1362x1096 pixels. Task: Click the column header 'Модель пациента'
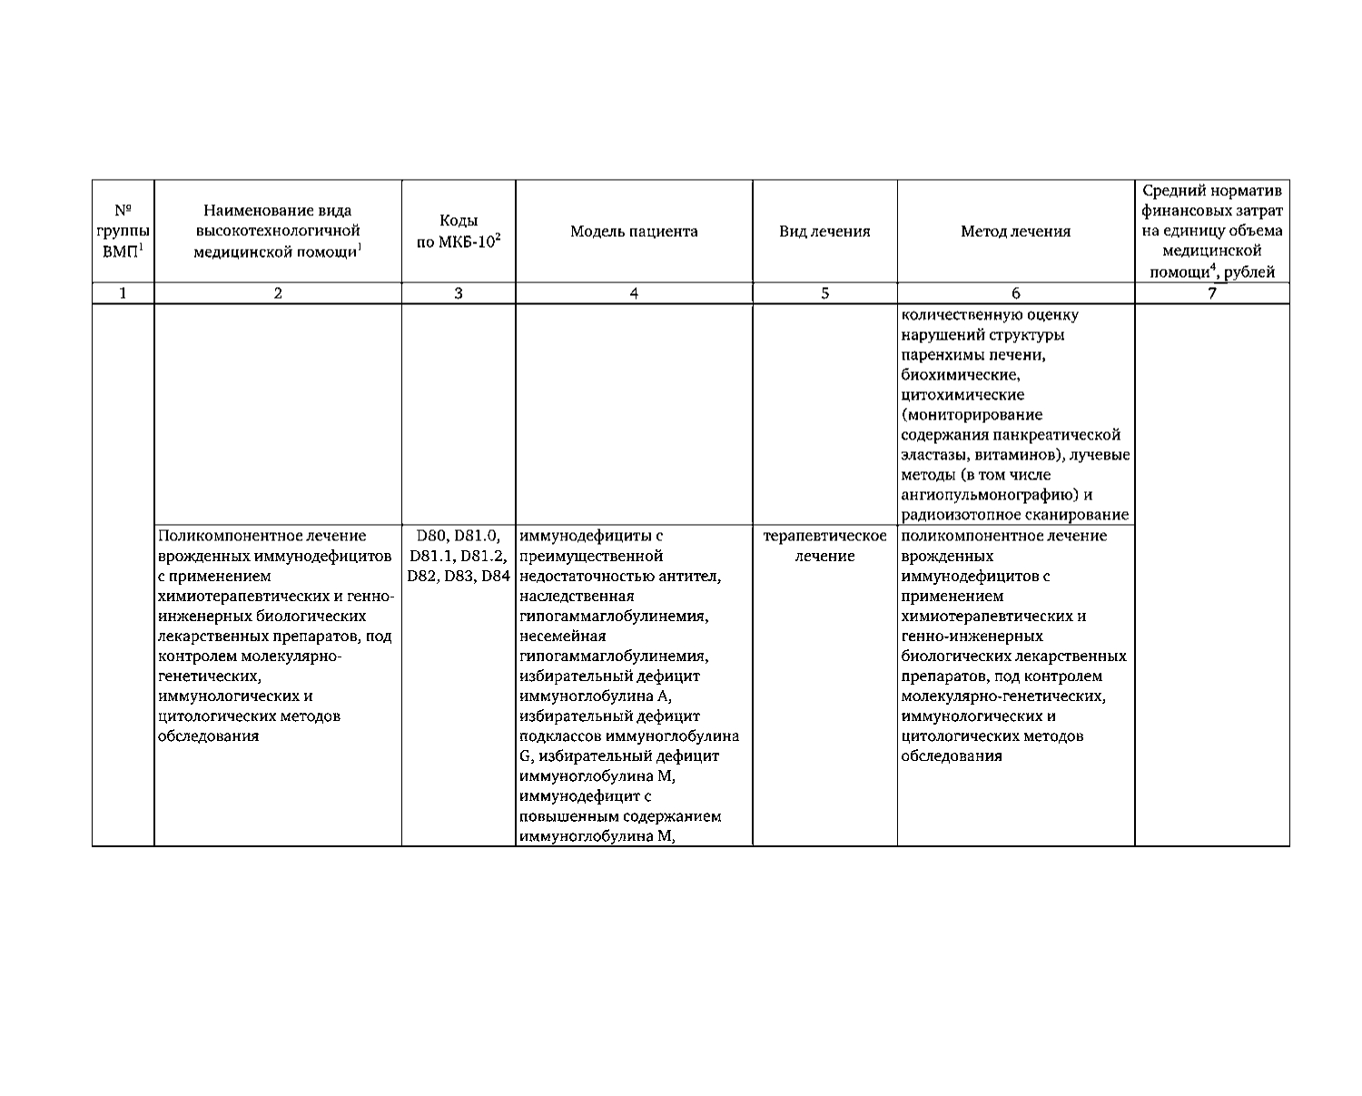coord(634,232)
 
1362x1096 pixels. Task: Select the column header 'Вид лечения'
coord(824,232)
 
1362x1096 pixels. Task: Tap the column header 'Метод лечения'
coord(1015,232)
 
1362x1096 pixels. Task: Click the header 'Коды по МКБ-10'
coord(459,232)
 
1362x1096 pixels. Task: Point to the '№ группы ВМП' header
coord(123,232)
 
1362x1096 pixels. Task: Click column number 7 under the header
coord(1211,293)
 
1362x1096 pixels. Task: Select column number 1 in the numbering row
coord(123,293)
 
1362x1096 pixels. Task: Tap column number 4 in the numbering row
coord(634,293)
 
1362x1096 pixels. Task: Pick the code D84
coord(495,576)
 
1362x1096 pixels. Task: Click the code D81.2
coord(484,556)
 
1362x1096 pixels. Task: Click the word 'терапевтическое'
coord(824,536)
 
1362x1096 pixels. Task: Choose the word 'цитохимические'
coord(962,395)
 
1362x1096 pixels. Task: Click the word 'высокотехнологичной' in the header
coord(278,232)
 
